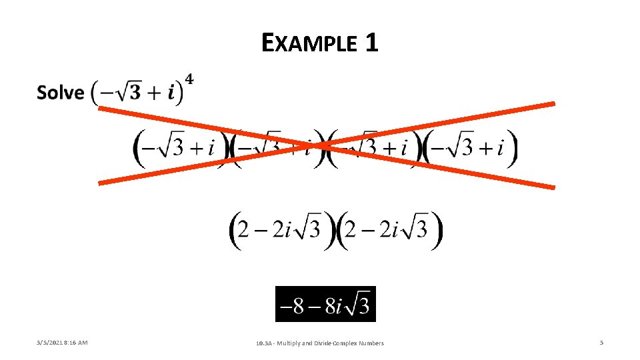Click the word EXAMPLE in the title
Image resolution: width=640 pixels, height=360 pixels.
point(310,44)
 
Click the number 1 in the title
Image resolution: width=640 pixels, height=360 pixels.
point(371,43)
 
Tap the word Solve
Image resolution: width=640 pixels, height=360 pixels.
point(60,93)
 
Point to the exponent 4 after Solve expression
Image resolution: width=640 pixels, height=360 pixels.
point(189,80)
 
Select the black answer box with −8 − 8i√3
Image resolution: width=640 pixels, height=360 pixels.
point(325,304)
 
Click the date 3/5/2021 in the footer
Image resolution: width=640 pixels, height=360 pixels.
point(51,343)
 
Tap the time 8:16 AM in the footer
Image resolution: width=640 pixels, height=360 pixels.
point(77,343)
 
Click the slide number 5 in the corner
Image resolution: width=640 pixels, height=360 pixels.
point(601,343)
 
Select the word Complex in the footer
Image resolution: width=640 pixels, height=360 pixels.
point(347,343)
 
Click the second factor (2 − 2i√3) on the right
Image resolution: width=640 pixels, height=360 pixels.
point(389,231)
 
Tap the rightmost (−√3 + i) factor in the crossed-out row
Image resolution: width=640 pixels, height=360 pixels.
point(470,148)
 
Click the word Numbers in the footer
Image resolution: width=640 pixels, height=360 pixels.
point(372,343)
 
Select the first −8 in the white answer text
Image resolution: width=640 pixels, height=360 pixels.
point(292,306)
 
